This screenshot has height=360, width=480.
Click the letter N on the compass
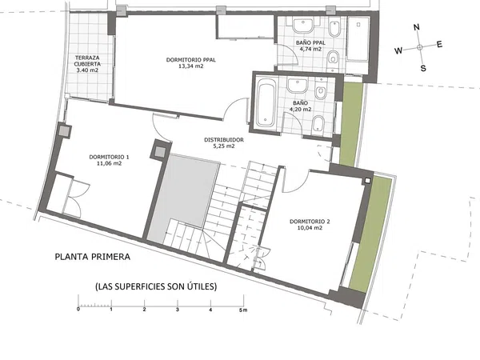(x=416, y=27)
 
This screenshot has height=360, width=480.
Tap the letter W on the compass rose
(x=398, y=50)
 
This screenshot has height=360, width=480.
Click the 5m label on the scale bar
(x=243, y=310)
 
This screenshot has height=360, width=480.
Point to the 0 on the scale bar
(x=78, y=309)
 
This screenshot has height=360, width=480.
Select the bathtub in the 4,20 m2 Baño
(x=266, y=103)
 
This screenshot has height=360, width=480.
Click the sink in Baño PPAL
(x=303, y=25)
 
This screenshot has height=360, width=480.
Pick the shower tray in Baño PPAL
(x=358, y=39)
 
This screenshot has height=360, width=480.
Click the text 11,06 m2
(x=109, y=163)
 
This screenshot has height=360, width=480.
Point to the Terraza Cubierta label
(x=87, y=64)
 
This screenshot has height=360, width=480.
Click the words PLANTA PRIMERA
(x=93, y=257)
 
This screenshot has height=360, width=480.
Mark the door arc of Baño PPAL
(x=293, y=53)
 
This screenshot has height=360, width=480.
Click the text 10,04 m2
(x=310, y=228)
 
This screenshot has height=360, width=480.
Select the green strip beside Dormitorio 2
(x=370, y=234)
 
